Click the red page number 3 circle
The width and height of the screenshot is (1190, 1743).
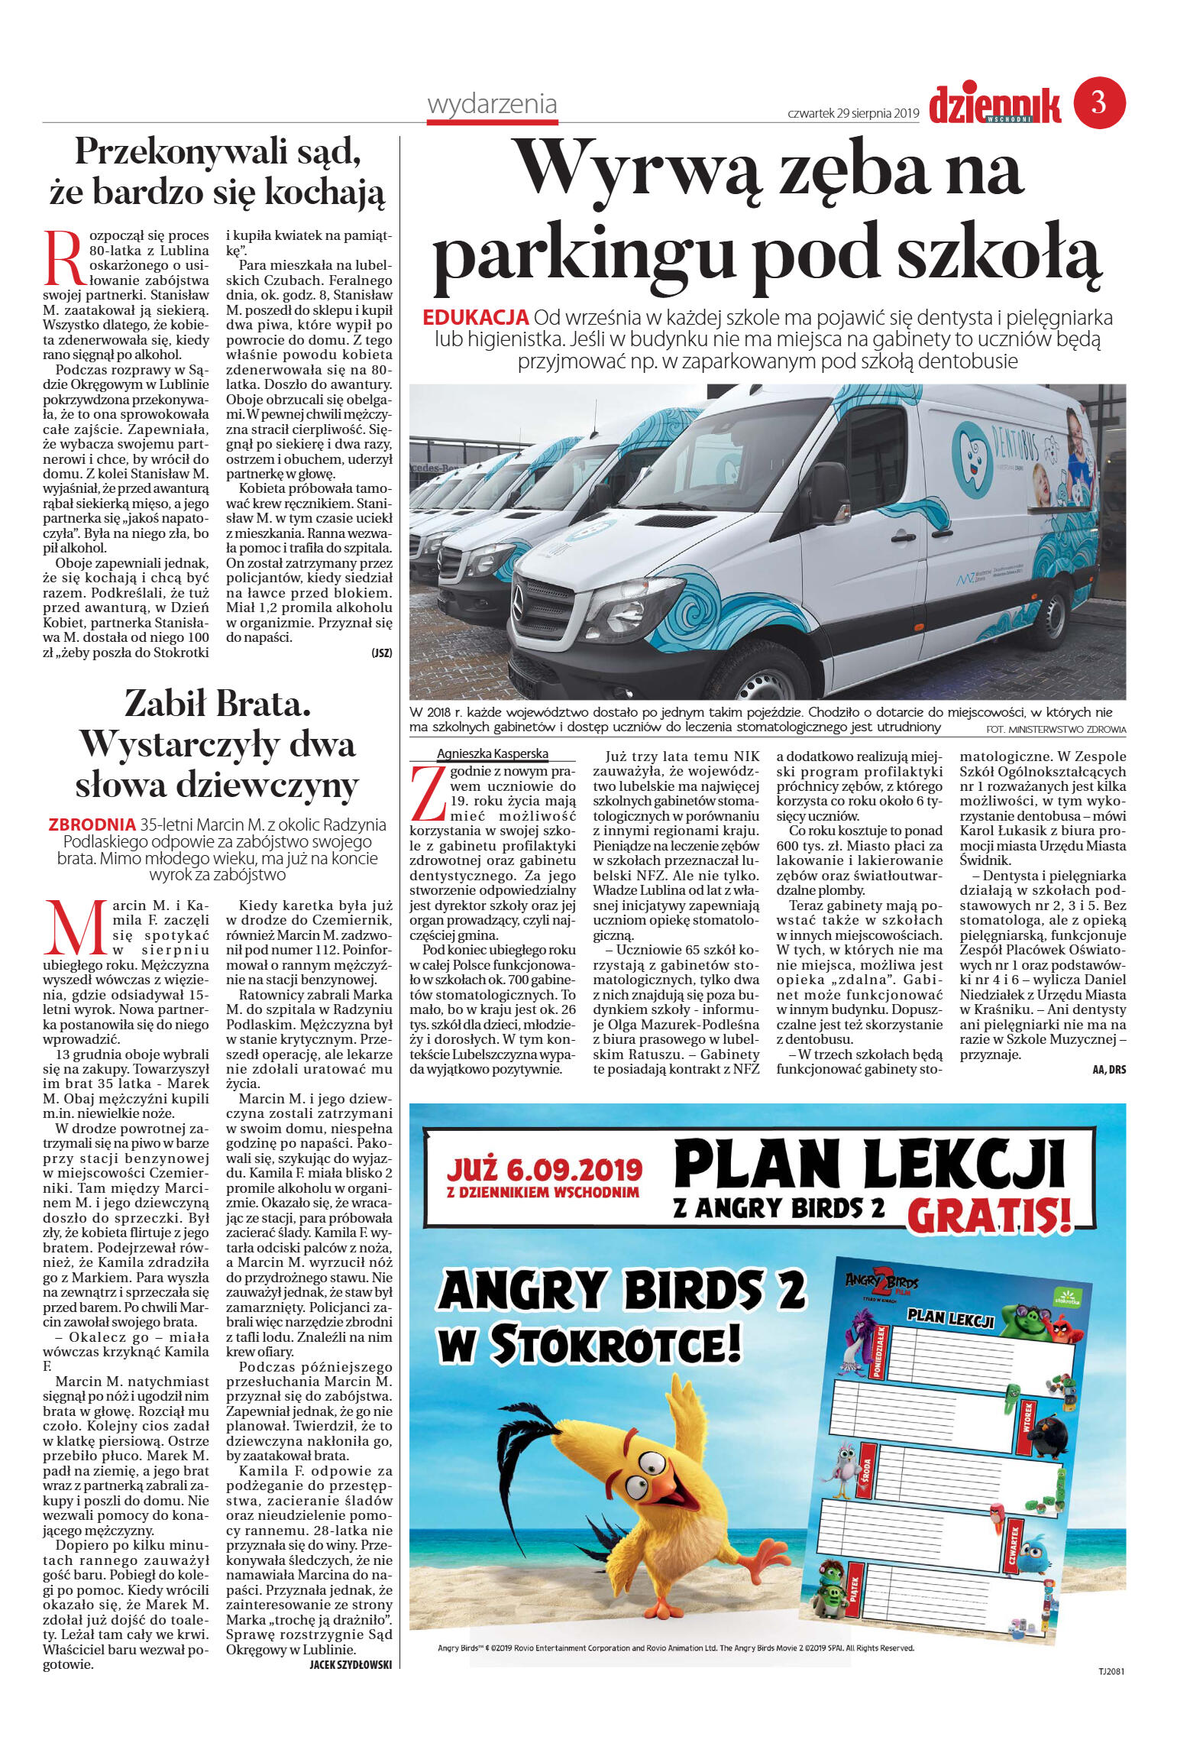1099,102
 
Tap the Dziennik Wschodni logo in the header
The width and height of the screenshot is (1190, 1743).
994,105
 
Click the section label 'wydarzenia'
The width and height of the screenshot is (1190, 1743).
492,104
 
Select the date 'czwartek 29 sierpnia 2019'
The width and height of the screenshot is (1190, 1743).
852,113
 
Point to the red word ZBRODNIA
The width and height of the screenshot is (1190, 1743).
92,825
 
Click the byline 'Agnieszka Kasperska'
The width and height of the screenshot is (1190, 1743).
493,753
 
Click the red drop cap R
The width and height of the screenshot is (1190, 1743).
63,258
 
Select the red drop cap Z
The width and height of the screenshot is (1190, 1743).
428,793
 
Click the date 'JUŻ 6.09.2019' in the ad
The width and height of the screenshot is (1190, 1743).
544,1168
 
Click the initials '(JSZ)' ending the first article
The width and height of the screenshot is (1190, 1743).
382,653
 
